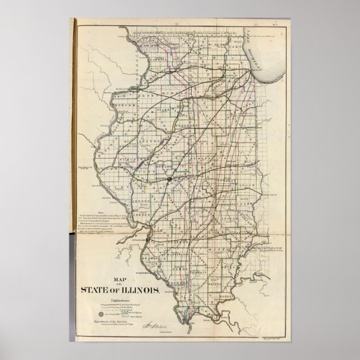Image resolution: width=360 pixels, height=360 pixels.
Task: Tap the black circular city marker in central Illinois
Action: point(168,179)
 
